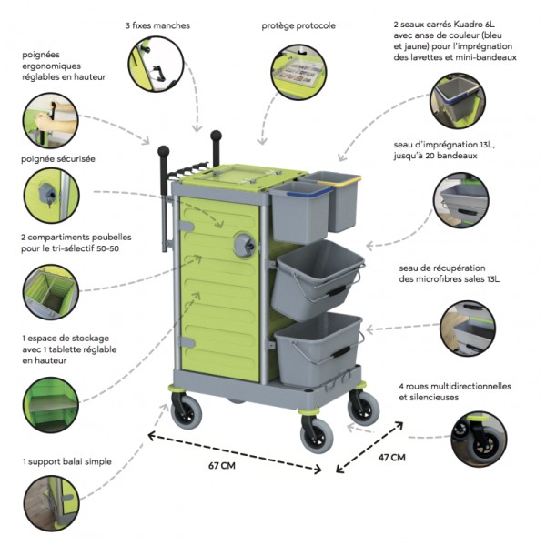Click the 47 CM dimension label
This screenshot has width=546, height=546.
(x=392, y=457)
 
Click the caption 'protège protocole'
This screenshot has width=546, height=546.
(x=298, y=25)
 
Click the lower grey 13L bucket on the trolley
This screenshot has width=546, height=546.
(x=317, y=342)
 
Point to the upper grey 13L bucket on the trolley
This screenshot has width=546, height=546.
(x=318, y=275)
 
